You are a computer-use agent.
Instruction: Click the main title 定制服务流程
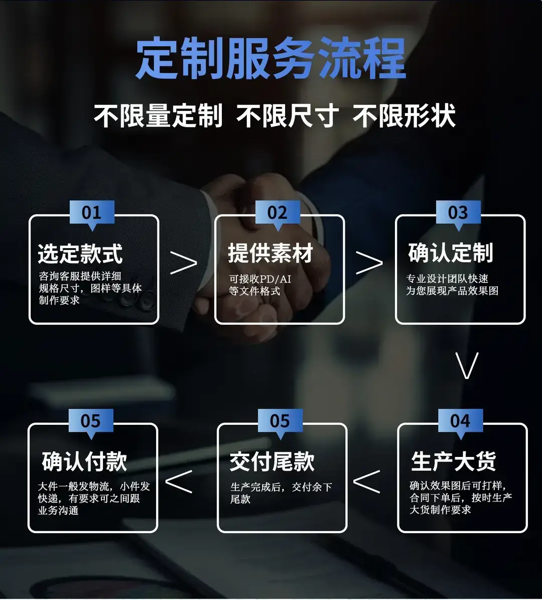click(271, 58)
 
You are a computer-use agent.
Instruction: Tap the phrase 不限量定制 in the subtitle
click(158, 115)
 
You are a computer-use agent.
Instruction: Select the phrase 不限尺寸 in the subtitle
click(287, 115)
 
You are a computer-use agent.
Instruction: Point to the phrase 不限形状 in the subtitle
click(404, 115)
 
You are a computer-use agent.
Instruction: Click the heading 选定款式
click(80, 254)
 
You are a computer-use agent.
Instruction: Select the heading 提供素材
click(270, 253)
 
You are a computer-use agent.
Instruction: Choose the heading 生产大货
click(454, 461)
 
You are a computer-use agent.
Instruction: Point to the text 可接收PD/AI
click(260, 279)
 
